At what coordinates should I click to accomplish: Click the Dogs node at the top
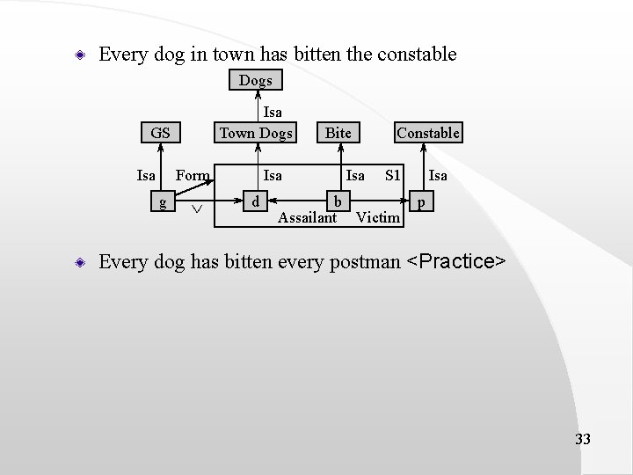(x=256, y=80)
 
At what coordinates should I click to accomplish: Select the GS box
(x=160, y=133)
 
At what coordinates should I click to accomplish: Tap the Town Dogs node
(x=256, y=133)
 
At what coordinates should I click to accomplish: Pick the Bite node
(x=338, y=133)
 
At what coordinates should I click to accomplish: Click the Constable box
(x=428, y=133)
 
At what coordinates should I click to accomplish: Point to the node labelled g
(x=162, y=201)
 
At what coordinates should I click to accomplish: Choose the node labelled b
(x=338, y=201)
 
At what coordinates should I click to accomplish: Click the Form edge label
(x=193, y=175)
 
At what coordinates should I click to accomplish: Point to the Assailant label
(x=307, y=217)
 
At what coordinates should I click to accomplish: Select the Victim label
(x=379, y=217)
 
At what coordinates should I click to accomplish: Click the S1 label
(x=393, y=175)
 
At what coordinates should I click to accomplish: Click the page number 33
(x=582, y=439)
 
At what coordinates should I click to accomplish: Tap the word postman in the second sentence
(x=363, y=262)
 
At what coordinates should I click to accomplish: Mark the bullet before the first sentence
(x=79, y=55)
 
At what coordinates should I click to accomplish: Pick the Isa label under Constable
(x=438, y=175)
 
